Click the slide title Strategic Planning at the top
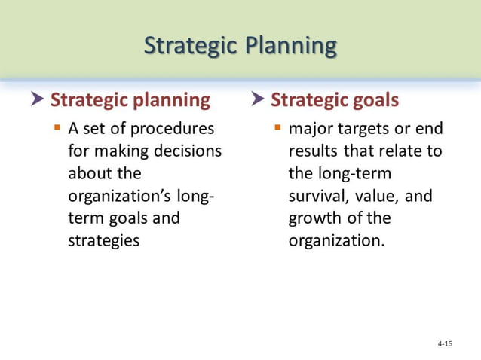coord(240,45)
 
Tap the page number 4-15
coord(445,343)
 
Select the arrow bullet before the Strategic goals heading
coord(258,99)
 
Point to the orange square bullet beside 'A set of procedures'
coord(57,127)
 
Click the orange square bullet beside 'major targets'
coord(277,127)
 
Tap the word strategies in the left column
coord(103,242)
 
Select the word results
coord(313,151)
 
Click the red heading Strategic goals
coord(335,99)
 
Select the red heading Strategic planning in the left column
coord(130,99)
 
